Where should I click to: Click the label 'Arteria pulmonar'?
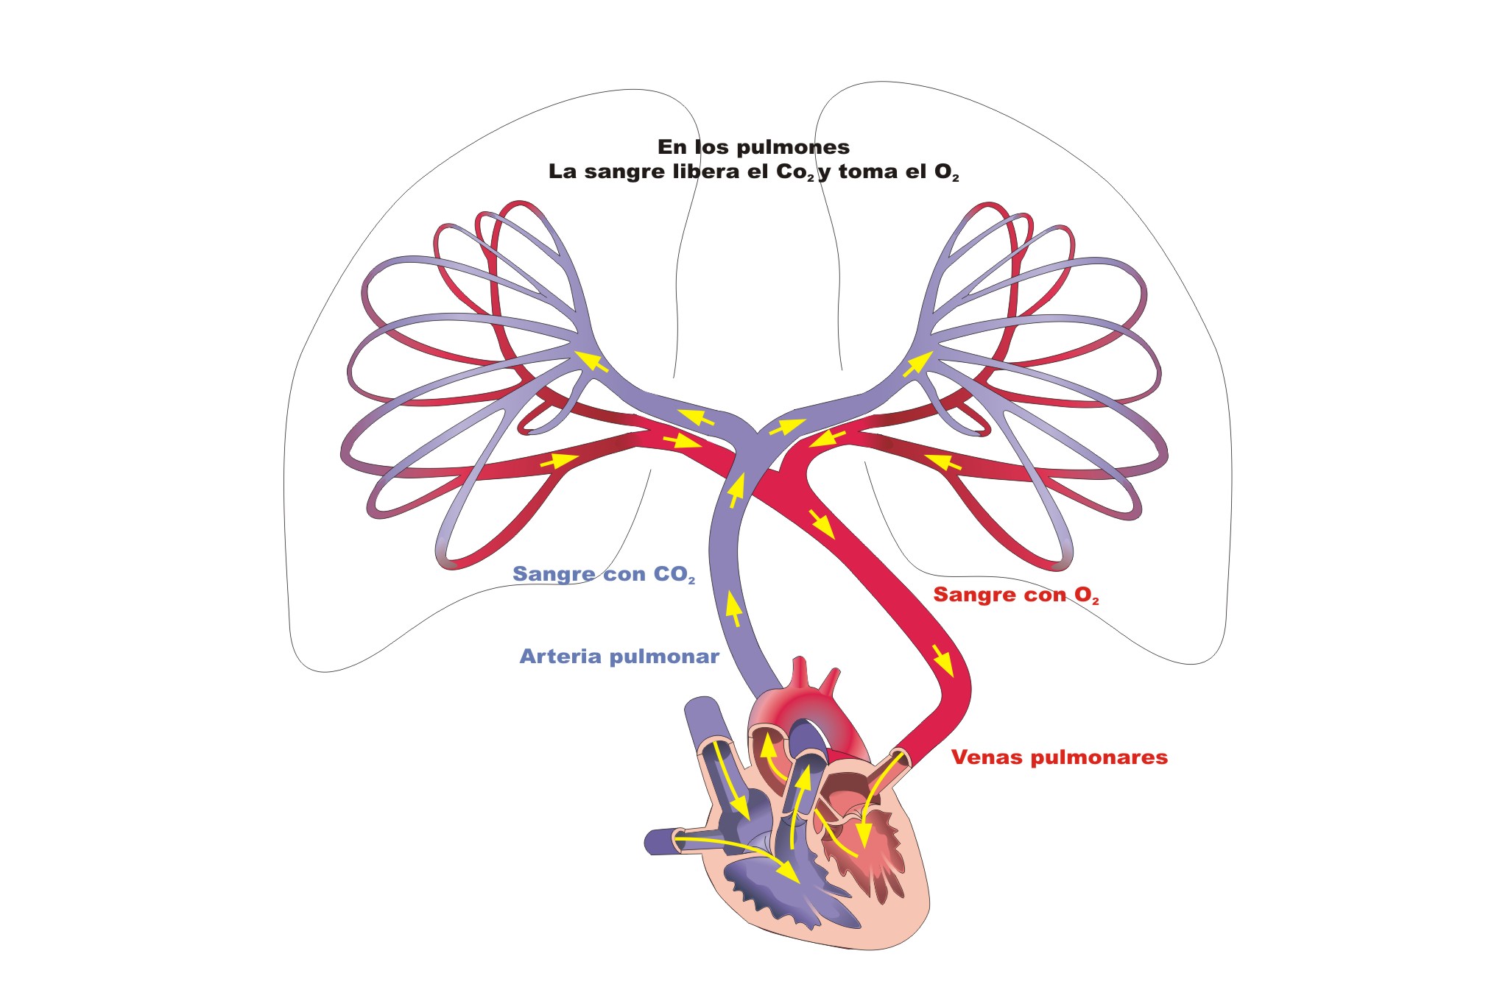[619, 657]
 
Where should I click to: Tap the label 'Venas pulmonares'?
[1060, 757]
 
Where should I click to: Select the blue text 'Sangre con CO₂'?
[604, 574]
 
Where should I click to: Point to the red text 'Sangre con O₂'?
[1016, 595]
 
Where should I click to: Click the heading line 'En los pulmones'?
[753, 147]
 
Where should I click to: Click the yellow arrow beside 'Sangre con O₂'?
[942, 660]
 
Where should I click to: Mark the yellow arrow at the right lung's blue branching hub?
[918, 364]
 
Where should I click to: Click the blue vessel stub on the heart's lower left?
[666, 841]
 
